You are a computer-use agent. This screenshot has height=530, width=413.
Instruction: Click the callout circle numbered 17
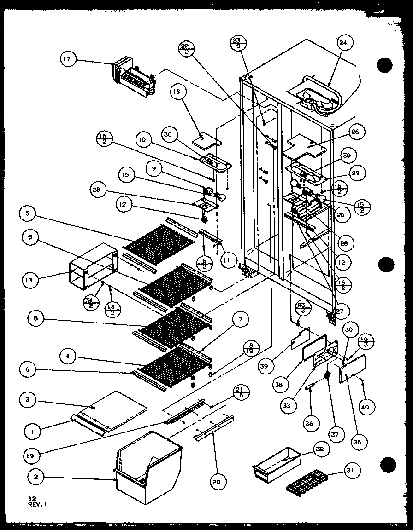coord(68,58)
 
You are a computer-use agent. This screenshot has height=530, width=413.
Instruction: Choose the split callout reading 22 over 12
coord(185,49)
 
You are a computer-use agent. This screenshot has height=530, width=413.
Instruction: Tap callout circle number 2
coord(35,477)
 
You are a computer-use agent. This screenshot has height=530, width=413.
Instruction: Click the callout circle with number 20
coord(216,481)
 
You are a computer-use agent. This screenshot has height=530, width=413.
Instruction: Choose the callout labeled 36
coord(309,423)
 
